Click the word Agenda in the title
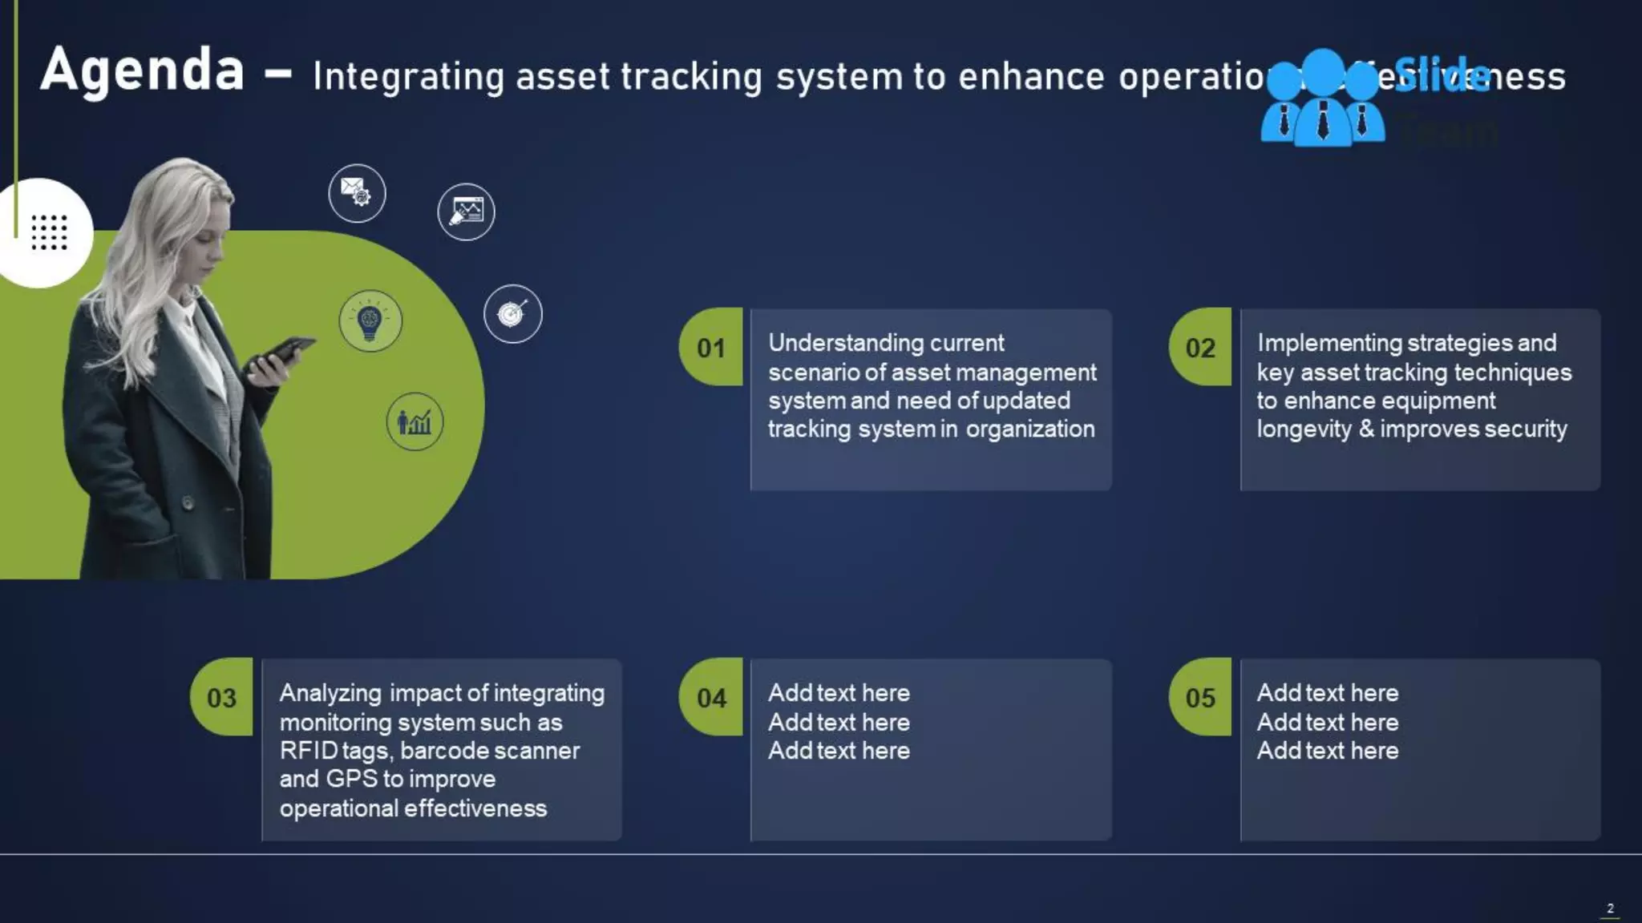(142, 71)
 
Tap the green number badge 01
(710, 348)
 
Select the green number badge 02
(1200, 348)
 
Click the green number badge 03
(221, 698)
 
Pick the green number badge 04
(710, 698)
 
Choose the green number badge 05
(1200, 698)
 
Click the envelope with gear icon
(357, 193)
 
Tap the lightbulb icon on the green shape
(370, 321)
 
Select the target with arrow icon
(513, 314)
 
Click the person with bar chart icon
(415, 421)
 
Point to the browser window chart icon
(466, 212)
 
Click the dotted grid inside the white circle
(49, 232)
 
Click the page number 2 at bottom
(1610, 908)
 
